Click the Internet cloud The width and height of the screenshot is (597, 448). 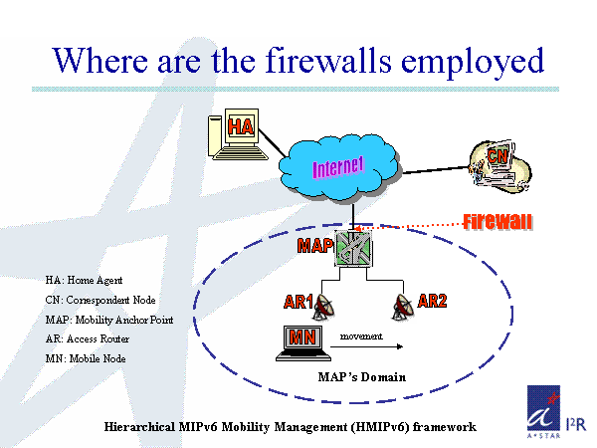click(339, 164)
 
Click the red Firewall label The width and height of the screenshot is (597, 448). click(497, 221)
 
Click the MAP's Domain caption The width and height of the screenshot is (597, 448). click(361, 377)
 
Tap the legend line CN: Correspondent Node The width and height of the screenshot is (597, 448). click(101, 300)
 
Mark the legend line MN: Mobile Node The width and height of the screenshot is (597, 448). click(87, 357)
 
